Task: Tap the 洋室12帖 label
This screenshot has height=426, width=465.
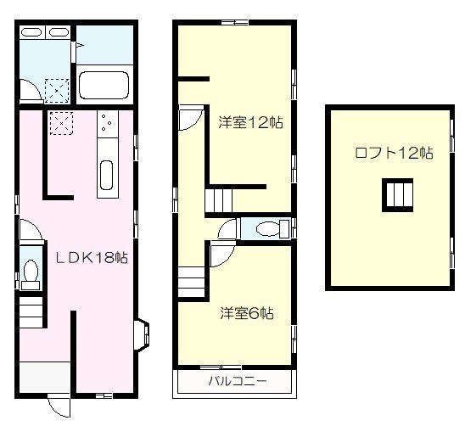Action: click(x=249, y=122)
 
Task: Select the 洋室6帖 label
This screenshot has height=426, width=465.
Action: click(x=245, y=313)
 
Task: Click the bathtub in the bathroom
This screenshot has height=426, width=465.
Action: click(x=104, y=86)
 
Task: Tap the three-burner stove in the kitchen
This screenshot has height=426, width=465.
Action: click(x=108, y=126)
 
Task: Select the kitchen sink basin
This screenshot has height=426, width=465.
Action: click(x=107, y=176)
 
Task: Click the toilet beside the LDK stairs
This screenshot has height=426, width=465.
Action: click(x=31, y=272)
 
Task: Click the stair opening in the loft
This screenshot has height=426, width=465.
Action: click(x=396, y=195)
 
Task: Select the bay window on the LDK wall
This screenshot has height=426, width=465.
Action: click(x=143, y=333)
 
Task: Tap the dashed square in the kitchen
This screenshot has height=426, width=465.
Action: click(x=61, y=125)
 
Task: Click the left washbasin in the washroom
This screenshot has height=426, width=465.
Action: click(x=31, y=33)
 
